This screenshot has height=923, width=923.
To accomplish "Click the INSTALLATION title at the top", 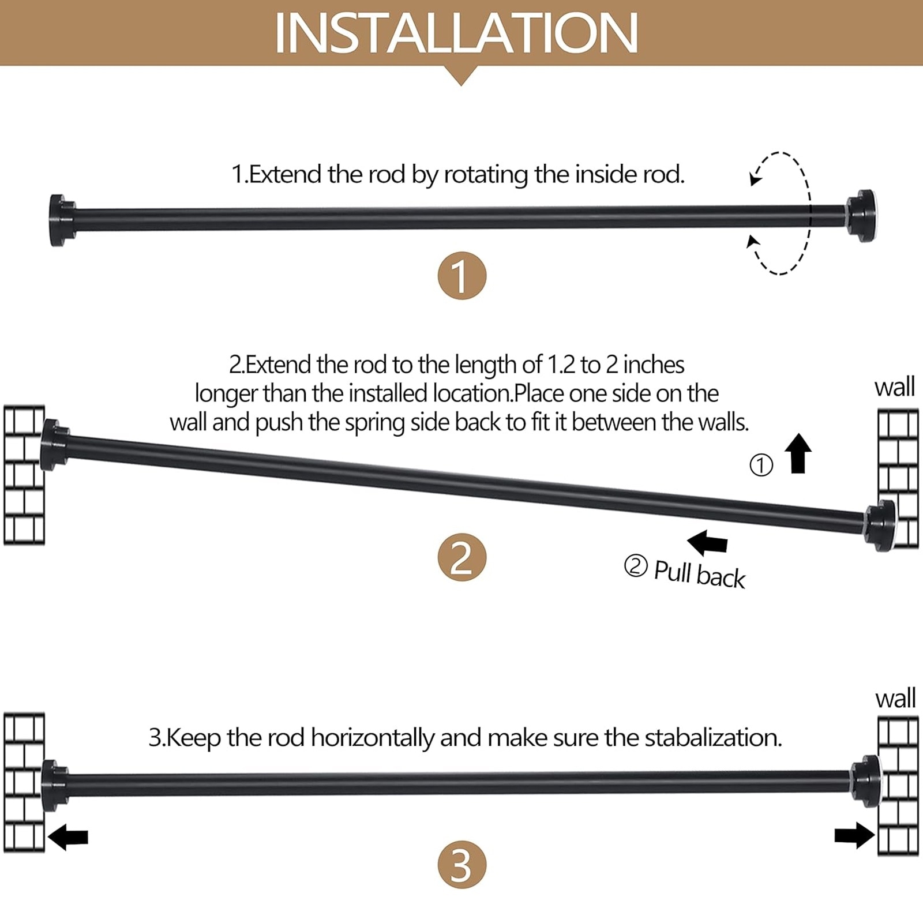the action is coord(456,33).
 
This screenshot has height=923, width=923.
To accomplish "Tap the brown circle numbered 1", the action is coord(462,276).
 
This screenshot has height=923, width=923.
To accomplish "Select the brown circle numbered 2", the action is coord(462,557).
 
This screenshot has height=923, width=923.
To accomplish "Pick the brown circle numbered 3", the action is coord(462,865).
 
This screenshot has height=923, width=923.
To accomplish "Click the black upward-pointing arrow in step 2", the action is coord(798,453).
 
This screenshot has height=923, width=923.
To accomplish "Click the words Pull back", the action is coord(699,574).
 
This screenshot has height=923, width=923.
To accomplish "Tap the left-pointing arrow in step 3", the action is coord(68,836).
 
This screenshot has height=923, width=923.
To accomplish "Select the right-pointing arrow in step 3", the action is coord(854,835).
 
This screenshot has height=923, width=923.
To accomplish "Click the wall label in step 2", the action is coord(895,387).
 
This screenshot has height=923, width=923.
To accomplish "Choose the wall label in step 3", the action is coord(895,698).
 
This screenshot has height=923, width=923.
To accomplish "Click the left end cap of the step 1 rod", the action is coord(62,220).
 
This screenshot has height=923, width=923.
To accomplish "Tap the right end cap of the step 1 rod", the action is coord(861,216).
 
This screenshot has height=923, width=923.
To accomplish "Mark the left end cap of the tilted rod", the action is coord(55,445).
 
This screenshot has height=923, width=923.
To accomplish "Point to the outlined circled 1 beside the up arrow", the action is coord(761,465).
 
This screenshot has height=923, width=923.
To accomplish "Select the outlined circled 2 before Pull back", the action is coord(636,566).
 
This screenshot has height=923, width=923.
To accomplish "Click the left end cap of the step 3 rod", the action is coord(55,786).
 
